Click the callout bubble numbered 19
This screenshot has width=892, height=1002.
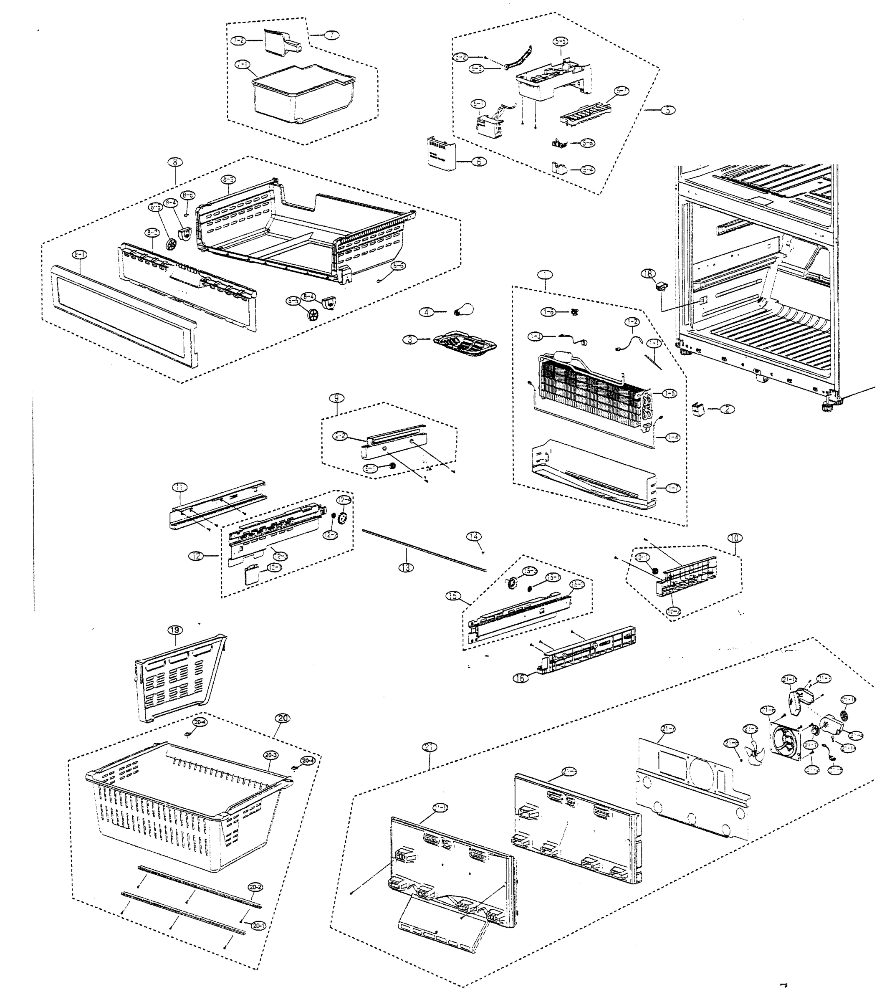tap(175, 630)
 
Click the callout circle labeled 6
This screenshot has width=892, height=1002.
tap(478, 161)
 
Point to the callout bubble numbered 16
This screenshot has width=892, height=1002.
tap(521, 678)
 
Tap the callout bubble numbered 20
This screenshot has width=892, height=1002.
tap(283, 718)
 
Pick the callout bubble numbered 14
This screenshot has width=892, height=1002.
tap(473, 536)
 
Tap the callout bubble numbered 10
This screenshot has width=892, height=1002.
tap(735, 538)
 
